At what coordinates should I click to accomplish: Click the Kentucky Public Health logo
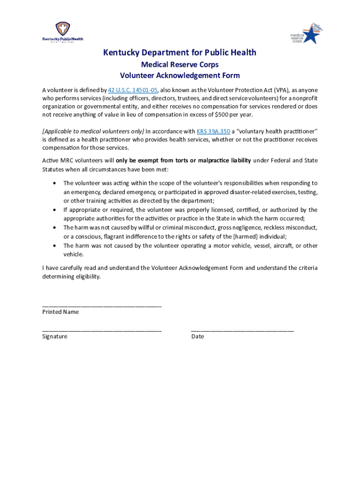63,32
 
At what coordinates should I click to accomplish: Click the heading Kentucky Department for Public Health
180,52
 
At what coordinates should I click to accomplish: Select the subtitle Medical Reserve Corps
180,65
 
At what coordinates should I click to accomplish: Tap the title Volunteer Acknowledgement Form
180,75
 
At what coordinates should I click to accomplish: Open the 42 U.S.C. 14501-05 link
133,90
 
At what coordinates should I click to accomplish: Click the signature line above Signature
102,331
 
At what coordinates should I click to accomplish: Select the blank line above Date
242,331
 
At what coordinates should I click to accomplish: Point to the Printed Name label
60,312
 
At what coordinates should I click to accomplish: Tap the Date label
197,336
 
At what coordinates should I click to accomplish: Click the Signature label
55,336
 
